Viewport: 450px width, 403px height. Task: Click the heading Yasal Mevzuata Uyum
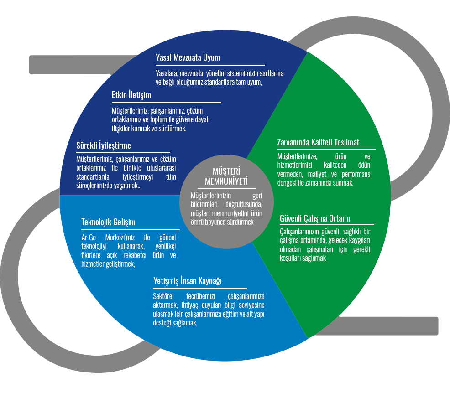[188, 58]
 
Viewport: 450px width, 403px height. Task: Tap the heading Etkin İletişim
[131, 95]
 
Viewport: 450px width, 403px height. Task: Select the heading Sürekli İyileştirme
[104, 145]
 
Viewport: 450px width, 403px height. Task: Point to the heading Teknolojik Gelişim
[108, 222]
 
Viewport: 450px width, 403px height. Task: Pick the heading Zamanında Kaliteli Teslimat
[318, 142]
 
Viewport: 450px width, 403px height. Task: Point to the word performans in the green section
[356, 174]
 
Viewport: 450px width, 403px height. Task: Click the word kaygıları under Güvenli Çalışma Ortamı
[356, 240]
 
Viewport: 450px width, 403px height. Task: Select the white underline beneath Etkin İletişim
[166, 103]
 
